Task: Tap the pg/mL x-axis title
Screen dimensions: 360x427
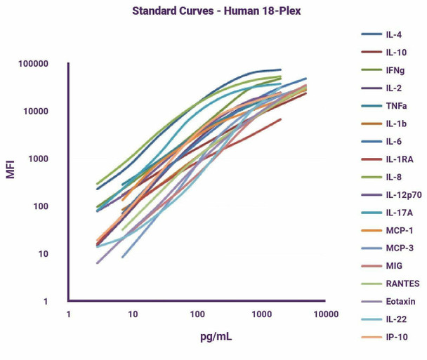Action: (x=215, y=338)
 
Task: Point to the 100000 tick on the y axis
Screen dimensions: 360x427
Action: (x=34, y=65)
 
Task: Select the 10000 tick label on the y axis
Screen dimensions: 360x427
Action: (x=37, y=112)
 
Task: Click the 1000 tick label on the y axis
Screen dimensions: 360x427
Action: (x=39, y=159)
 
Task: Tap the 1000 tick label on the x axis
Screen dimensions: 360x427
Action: (x=261, y=314)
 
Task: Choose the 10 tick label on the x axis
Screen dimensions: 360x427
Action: (x=132, y=314)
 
